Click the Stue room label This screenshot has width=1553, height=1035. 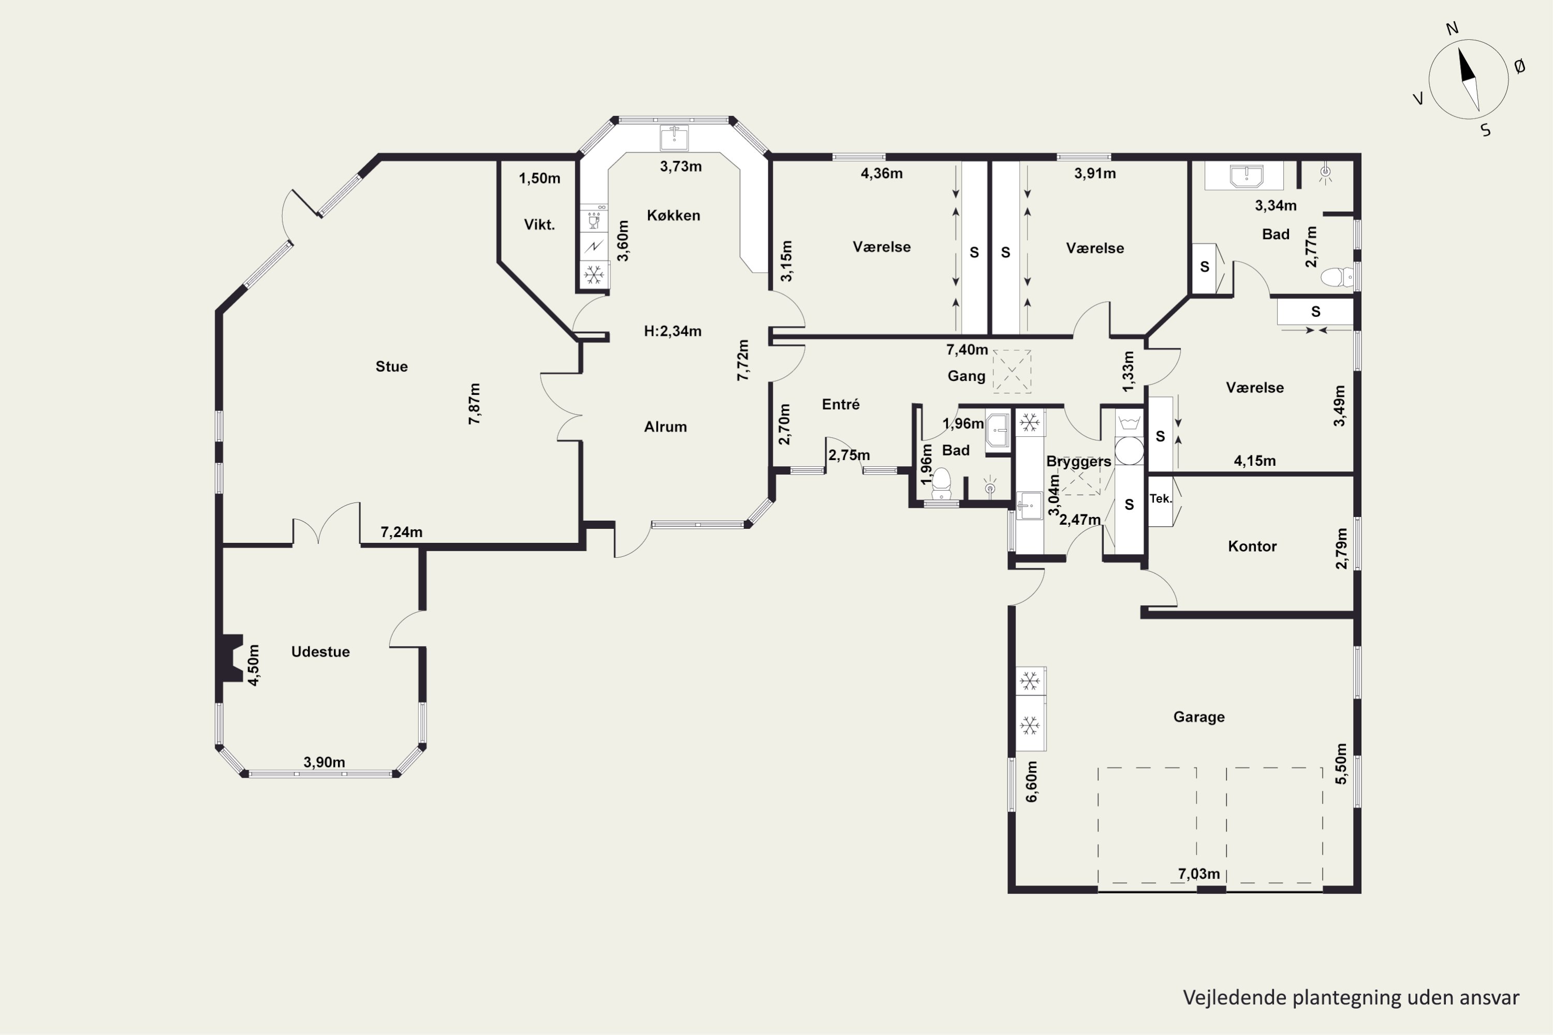coord(391,366)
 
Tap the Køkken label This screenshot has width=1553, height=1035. coord(673,215)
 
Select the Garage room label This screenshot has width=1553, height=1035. coord(1199,717)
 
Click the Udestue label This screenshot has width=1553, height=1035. coord(320,652)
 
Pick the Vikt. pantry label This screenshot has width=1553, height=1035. coord(539,225)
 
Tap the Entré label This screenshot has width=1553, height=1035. coord(841,404)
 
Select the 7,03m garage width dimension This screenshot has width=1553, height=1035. coord(1199,874)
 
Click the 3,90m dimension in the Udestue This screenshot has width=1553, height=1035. coord(324,762)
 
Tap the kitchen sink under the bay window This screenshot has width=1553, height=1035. coord(674,138)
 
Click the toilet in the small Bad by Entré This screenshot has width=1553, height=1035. coord(941,484)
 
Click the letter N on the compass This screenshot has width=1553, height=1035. coord(1452,28)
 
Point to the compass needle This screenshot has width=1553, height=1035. coord(1469,79)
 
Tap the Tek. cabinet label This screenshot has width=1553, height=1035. coord(1160,498)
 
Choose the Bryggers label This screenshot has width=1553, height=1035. coord(1078,462)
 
